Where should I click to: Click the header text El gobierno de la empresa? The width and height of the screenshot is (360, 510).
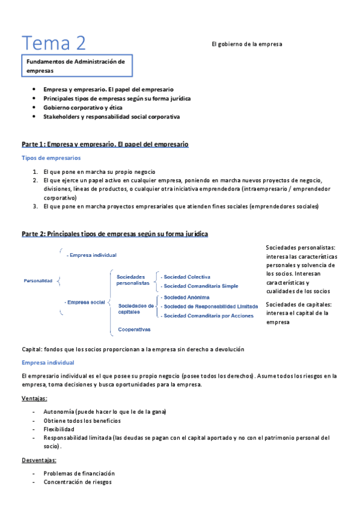pos(246,44)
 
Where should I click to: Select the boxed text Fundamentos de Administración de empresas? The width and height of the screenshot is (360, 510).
pos(76,66)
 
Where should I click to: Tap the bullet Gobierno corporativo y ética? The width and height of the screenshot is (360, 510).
pos(82,107)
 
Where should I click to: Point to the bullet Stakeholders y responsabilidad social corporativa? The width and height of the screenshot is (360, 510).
pos(111,117)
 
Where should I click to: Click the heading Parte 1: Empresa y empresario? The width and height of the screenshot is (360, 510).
pos(105,144)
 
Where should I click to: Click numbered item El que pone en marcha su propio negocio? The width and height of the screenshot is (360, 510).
pos(99,171)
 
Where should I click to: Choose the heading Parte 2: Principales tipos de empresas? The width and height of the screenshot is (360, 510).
pos(114,233)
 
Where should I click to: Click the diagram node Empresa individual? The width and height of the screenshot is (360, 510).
pos(91,255)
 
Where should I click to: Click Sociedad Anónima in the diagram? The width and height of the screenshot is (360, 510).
pos(186,297)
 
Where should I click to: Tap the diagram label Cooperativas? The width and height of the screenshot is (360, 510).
pos(134,329)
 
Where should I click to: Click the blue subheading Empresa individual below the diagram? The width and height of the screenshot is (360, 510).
pos(47,363)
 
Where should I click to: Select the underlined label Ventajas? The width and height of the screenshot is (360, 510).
pos(34,399)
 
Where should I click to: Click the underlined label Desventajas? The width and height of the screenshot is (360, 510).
pos(38,460)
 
